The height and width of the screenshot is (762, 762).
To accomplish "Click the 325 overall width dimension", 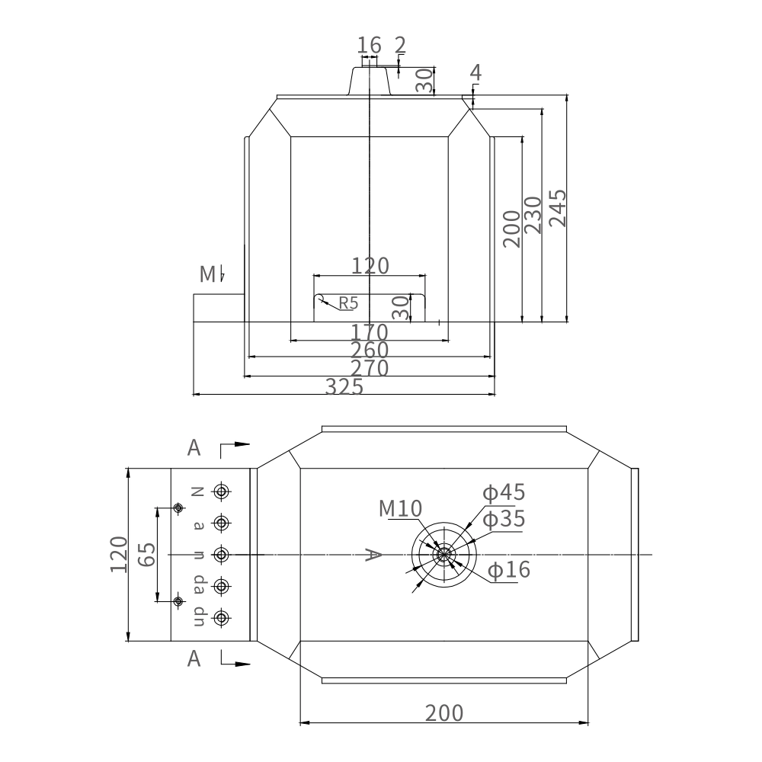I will coord(344,387).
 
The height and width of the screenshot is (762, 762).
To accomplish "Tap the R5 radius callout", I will coord(347,303).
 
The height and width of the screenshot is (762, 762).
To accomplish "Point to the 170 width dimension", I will coord(369,333).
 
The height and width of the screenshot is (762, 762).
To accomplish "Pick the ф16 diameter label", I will coord(508,570).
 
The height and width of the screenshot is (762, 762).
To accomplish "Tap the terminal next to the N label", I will coord(221,491).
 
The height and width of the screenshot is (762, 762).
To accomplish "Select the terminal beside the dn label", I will coord(221,617).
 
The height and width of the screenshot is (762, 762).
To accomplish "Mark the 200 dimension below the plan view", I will coord(443,713).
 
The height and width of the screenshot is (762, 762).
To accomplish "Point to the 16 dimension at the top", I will coord(369,45).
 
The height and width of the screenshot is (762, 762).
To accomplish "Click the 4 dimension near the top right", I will coord(475,73).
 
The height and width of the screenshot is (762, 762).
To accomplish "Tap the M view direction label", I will coord(207,274).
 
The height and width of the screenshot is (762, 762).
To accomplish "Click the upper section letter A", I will coord(194,448).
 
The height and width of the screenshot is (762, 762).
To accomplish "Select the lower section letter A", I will coord(194,658).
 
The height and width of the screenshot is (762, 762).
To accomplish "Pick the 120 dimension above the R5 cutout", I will coord(370,265).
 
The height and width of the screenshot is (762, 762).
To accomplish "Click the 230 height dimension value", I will coord(533,215).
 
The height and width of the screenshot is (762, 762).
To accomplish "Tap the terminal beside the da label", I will coord(221,586).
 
